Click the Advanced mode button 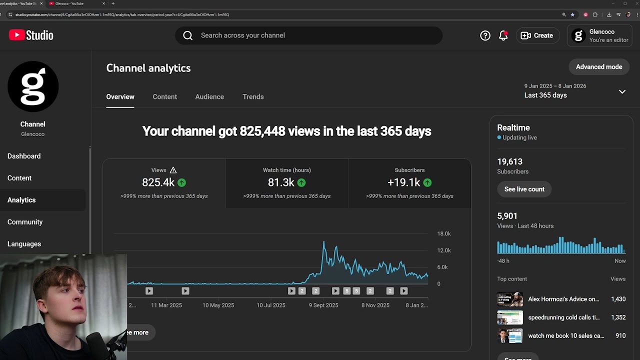pyautogui.click(x=598, y=67)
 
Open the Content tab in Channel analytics pyautogui.click(x=164, y=97)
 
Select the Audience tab pyautogui.click(x=209, y=97)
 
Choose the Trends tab pyautogui.click(x=253, y=97)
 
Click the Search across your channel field pyautogui.click(x=308, y=35)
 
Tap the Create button pyautogui.click(x=537, y=35)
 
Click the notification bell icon pyautogui.click(x=503, y=35)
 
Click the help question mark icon pyautogui.click(x=485, y=35)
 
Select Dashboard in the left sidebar pyautogui.click(x=24, y=156)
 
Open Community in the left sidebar pyautogui.click(x=25, y=222)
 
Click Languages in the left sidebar pyautogui.click(x=24, y=244)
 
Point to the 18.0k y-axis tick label pyautogui.click(x=444, y=233)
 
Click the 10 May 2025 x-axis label pyautogui.click(x=218, y=305)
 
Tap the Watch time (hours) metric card pyautogui.click(x=286, y=182)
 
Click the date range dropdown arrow pyautogui.click(x=622, y=91)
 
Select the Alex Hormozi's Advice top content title pyautogui.click(x=563, y=299)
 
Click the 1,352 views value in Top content pyautogui.click(x=618, y=317)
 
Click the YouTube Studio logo pyautogui.click(x=31, y=35)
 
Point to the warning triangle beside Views pyautogui.click(x=173, y=170)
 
